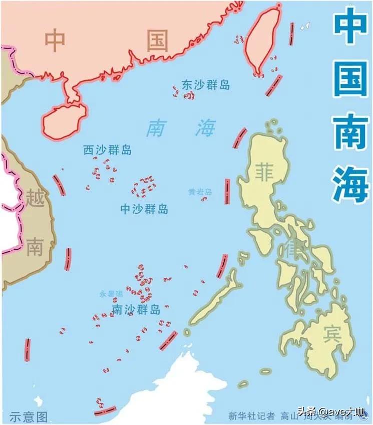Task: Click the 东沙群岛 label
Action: (206, 85)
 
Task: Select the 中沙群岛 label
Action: (144, 209)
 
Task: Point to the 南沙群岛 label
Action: (136, 309)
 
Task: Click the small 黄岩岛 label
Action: (200, 192)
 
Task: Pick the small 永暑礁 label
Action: (111, 295)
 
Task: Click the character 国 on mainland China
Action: (157, 41)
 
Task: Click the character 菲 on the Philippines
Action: (264, 171)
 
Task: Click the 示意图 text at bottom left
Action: (28, 416)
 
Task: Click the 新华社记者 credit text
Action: (251, 415)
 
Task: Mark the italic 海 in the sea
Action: (205, 128)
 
